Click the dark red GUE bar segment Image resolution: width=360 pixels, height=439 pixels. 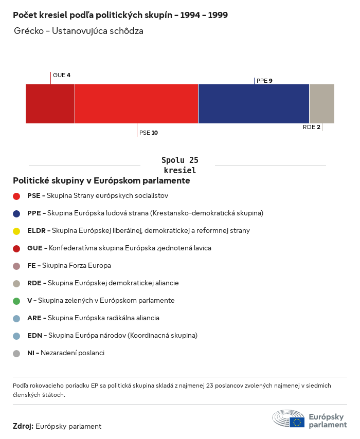[x=50, y=104]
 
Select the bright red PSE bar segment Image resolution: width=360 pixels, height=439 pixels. [x=136, y=104]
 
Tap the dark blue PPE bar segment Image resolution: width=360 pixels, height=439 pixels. [x=254, y=104]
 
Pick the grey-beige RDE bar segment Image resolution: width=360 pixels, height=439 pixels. [x=321, y=104]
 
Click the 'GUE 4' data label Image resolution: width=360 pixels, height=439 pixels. [x=62, y=75]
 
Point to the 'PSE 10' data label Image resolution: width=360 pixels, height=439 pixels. [x=149, y=133]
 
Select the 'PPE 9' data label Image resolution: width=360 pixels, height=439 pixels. [x=264, y=81]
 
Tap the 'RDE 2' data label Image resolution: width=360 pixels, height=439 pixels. [x=312, y=127]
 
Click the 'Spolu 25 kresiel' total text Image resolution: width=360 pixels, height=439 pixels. [x=179, y=165]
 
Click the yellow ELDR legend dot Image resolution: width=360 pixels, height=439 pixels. [x=16, y=231]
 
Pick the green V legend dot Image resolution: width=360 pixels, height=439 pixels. [x=16, y=301]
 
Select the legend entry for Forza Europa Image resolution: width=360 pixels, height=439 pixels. [x=69, y=266]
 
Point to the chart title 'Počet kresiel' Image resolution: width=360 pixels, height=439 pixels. [x=120, y=15]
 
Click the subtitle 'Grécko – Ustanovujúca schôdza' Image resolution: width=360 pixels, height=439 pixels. [x=79, y=31]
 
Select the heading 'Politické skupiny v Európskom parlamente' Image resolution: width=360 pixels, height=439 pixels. [x=101, y=181]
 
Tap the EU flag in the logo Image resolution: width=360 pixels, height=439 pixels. [x=297, y=422]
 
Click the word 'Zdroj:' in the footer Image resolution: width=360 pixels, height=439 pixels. [x=23, y=426]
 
